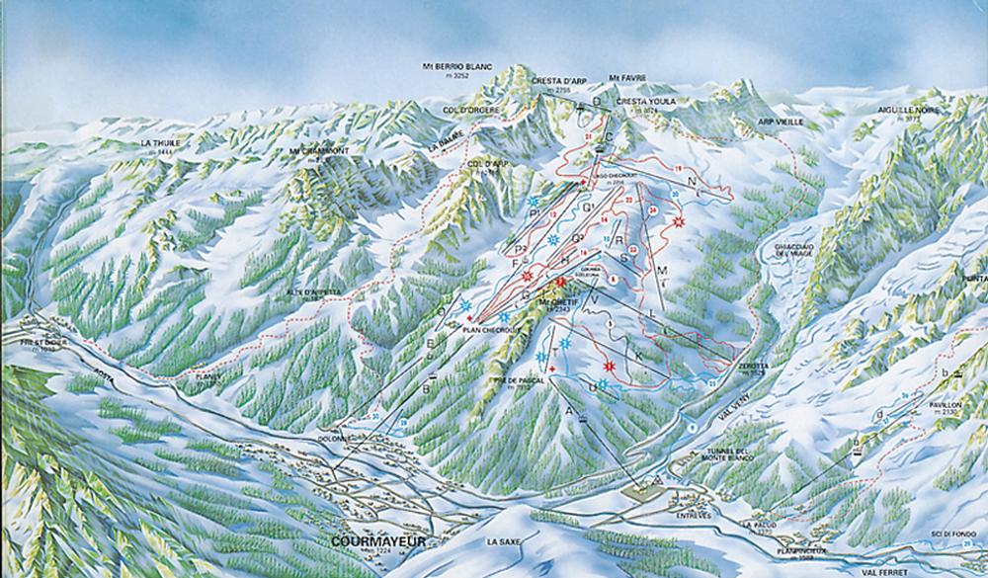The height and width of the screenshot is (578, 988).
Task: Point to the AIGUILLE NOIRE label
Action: (x=904, y=110)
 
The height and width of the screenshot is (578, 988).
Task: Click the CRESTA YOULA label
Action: (x=641, y=102)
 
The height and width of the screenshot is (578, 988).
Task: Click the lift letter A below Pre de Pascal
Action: (x=569, y=409)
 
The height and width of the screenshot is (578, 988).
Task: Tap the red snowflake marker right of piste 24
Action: (x=678, y=223)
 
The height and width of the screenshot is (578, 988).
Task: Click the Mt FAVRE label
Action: (x=622, y=75)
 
